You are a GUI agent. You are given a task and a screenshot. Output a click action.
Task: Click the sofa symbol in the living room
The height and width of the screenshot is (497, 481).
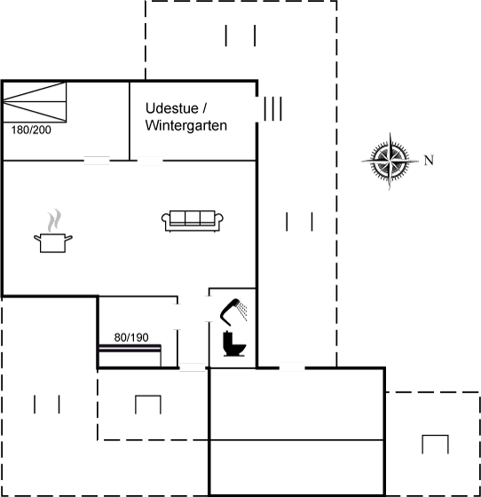pyautogui.click(x=193, y=221)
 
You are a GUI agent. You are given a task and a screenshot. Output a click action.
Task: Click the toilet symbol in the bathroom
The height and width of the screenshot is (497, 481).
pyautogui.click(x=234, y=343)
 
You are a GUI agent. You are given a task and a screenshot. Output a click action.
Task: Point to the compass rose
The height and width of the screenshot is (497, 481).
pyautogui.click(x=390, y=161)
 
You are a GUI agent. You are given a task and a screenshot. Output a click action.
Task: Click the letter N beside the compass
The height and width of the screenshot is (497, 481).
pyautogui.click(x=429, y=161)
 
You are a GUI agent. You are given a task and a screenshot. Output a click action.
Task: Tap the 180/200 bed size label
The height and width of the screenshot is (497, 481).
pyautogui.click(x=31, y=130)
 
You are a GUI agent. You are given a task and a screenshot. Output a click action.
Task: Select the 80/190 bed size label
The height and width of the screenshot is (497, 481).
pyautogui.click(x=131, y=337)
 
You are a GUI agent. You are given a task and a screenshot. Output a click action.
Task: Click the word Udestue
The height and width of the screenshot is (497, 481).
pyautogui.click(x=172, y=108)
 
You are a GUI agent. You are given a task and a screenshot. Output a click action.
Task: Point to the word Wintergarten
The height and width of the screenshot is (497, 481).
pyautogui.click(x=186, y=125)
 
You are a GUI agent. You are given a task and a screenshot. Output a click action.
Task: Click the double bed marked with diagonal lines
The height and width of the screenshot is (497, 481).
pyautogui.click(x=35, y=102)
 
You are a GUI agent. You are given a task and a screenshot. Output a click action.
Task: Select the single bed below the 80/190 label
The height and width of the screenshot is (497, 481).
pyautogui.click(x=130, y=356)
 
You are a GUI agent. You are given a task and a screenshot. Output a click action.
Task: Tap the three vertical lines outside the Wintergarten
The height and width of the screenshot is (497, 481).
pyautogui.click(x=272, y=108)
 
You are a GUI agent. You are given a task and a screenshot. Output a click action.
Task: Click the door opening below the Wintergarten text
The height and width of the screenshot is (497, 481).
pyautogui.click(x=150, y=161)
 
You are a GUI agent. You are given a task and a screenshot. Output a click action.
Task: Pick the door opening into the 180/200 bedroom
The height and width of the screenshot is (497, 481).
pyautogui.click(x=97, y=161)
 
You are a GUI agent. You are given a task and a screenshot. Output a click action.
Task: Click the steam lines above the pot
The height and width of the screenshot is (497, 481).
pyautogui.click(x=54, y=220)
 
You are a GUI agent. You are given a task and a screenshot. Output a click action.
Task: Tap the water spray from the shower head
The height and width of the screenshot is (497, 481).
pyautogui.click(x=243, y=311)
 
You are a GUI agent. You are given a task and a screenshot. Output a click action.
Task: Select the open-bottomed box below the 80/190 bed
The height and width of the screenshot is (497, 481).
pyautogui.click(x=148, y=396)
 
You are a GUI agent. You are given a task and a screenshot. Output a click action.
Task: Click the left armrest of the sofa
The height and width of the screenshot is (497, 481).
pyautogui.click(x=166, y=221)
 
